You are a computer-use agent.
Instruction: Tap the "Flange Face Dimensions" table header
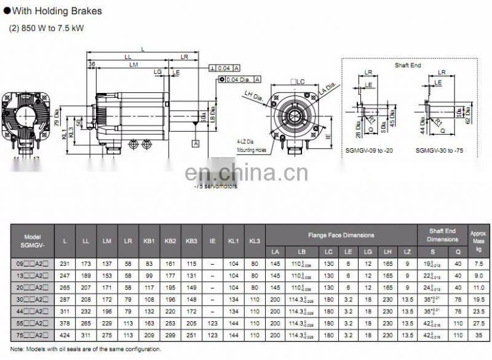click(x=341, y=235)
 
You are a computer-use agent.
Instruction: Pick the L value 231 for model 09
click(x=65, y=263)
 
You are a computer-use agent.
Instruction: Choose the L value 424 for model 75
click(x=65, y=335)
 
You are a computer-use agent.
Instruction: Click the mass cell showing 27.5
click(x=478, y=323)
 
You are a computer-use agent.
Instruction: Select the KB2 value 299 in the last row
click(x=170, y=335)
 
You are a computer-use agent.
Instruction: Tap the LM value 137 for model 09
click(x=107, y=263)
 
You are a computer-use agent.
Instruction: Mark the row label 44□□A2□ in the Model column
click(x=31, y=311)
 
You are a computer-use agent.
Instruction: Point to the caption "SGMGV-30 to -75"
click(x=440, y=150)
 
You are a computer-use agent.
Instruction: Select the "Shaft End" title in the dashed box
click(x=408, y=65)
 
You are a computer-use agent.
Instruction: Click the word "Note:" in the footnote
click(x=18, y=349)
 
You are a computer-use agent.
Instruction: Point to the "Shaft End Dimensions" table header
click(x=442, y=235)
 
